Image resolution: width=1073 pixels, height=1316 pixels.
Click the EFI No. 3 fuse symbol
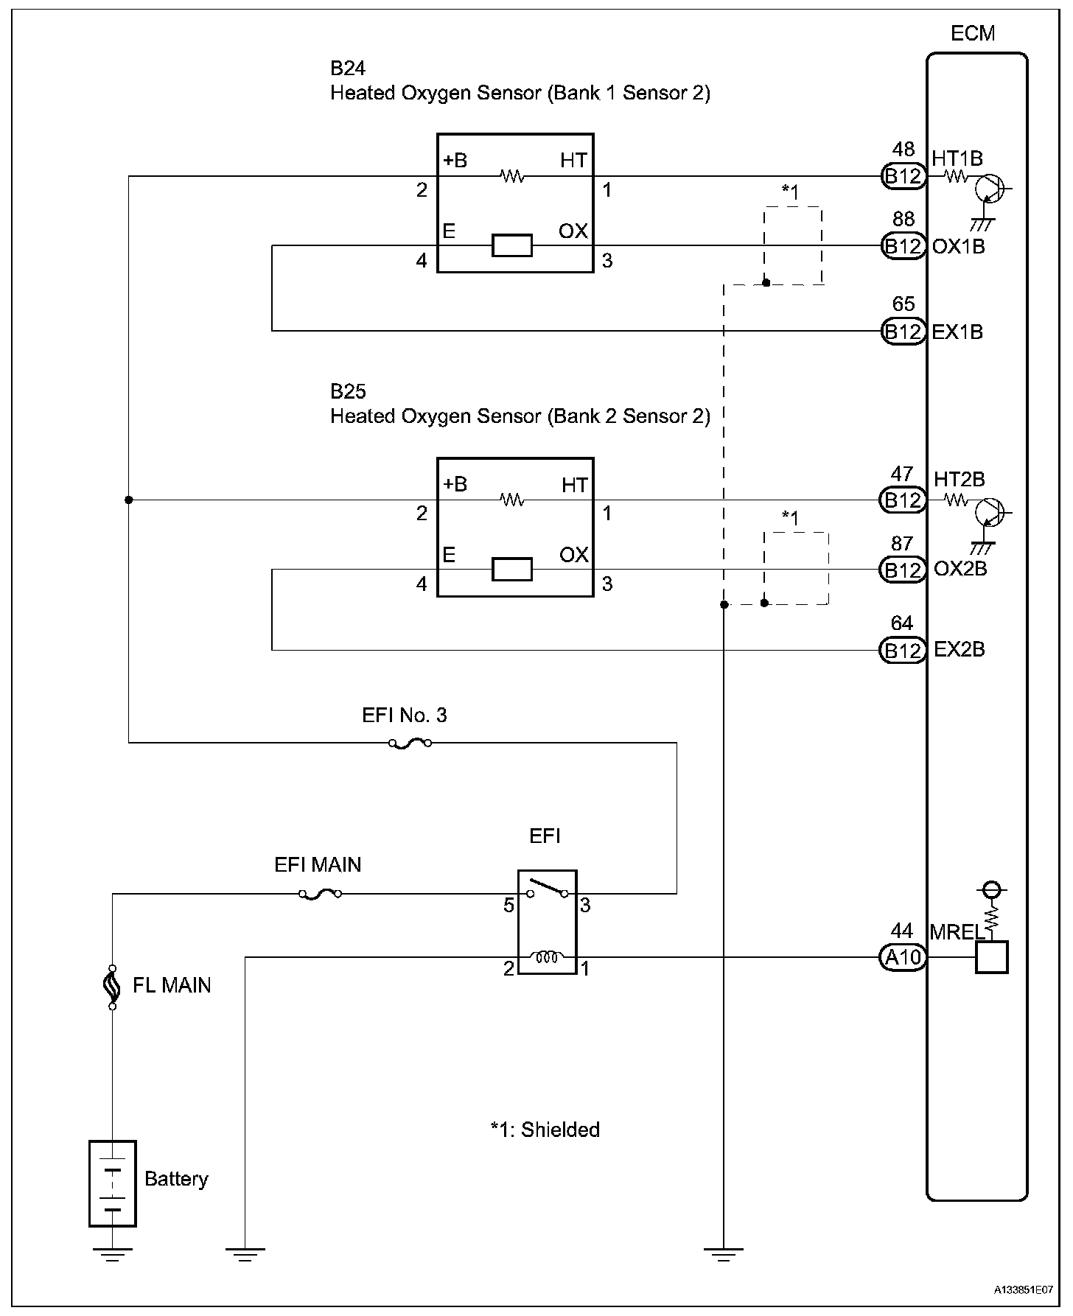[x=410, y=743]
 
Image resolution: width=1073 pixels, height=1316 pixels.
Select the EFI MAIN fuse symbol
[x=320, y=894]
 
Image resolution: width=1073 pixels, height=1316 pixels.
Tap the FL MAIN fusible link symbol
[x=113, y=985]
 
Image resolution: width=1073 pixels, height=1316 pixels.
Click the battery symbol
[x=113, y=1183]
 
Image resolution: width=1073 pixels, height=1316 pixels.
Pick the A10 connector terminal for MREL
[x=903, y=957]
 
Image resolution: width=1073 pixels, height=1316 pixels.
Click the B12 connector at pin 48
[x=903, y=176]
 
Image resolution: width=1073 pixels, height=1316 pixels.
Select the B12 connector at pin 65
[x=903, y=332]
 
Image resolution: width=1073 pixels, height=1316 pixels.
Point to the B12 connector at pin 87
[x=903, y=570]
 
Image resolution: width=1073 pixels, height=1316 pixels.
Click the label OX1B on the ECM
[x=958, y=246]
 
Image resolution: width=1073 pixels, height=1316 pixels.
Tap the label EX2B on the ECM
[x=960, y=650]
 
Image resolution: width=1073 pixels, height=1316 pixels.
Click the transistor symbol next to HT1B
[x=989, y=189]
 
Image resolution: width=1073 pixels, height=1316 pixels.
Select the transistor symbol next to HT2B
[x=989, y=512]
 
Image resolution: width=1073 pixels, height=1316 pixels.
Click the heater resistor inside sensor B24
[x=512, y=176]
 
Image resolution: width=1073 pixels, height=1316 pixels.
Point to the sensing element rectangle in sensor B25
[x=512, y=570]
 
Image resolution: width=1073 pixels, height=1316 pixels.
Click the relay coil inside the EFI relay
[x=547, y=956]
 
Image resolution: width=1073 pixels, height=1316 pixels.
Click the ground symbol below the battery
[x=113, y=1255]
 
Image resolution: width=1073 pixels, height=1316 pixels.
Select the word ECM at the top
[x=973, y=33]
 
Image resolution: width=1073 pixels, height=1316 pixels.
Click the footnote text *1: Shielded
[x=545, y=1130]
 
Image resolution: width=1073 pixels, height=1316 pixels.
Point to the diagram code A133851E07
[x=1023, y=1290]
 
